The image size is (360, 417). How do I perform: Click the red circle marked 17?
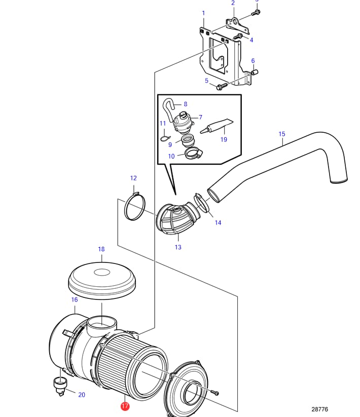pos(125,406)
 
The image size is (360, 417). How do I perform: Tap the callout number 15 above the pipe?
pos(282,134)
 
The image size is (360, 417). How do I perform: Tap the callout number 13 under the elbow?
pos(178,247)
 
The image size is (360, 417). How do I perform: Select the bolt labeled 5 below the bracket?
pos(220,87)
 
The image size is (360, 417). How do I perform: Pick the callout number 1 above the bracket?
pos(203,13)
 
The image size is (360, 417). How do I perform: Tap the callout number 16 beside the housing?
pos(75,299)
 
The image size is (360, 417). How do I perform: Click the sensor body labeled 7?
pos(182,122)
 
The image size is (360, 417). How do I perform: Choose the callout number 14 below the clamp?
pos(218,222)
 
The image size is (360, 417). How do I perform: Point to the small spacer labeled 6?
pos(255,72)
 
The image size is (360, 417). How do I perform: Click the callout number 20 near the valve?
pos(81,395)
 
